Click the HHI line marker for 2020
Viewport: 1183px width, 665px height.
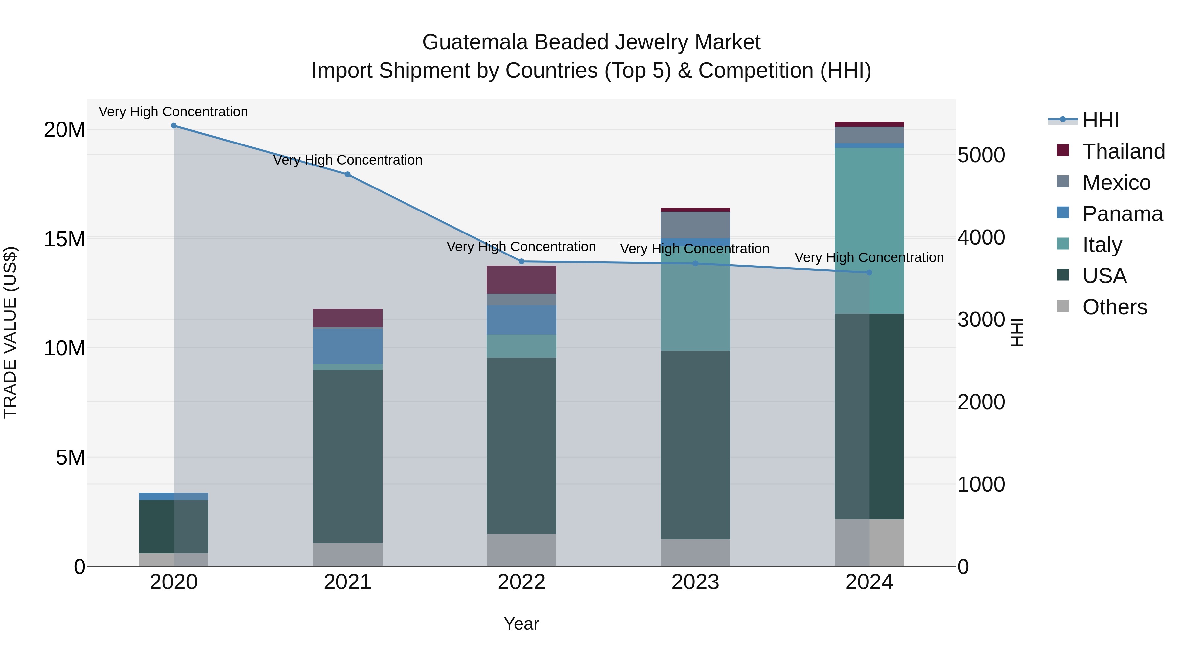(x=174, y=126)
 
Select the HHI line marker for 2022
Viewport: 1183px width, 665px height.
(x=521, y=262)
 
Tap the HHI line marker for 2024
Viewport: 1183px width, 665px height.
(x=869, y=273)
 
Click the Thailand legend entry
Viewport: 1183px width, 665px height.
(x=1123, y=151)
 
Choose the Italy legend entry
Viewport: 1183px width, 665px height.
(x=1102, y=245)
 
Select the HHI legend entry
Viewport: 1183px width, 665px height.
(x=1100, y=120)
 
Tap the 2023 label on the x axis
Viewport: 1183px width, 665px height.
(x=695, y=582)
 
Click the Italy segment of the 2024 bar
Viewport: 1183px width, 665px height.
(x=869, y=230)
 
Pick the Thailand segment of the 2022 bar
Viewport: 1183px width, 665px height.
(x=521, y=279)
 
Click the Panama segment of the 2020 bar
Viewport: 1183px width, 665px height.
(x=174, y=496)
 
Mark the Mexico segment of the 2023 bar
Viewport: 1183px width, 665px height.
(x=695, y=225)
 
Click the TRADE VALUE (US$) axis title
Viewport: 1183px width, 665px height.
(x=10, y=332)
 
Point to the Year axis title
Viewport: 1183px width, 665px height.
(x=521, y=624)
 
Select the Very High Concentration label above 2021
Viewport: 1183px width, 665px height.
(x=348, y=160)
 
